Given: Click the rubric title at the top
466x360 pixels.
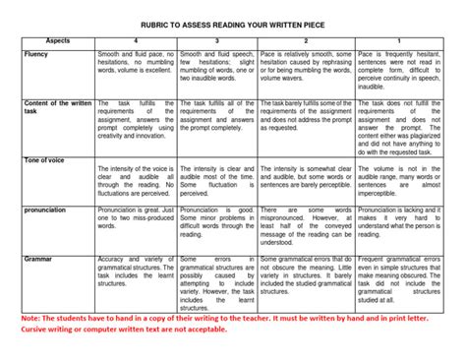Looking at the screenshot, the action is [x=233, y=12].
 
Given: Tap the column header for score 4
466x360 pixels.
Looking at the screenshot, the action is [x=135, y=41].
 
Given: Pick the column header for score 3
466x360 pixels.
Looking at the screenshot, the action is [x=216, y=41].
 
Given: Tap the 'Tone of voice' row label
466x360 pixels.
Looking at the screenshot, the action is [x=44, y=160].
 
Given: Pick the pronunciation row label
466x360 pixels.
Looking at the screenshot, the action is [x=46, y=210].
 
